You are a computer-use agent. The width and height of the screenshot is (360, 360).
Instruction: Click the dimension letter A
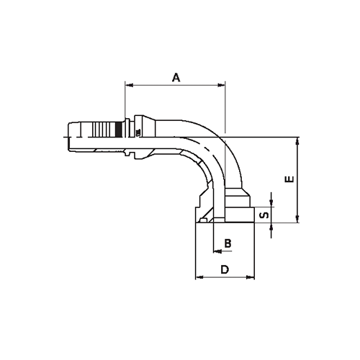point(175,77)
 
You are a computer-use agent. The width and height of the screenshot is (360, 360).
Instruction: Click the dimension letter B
point(228,243)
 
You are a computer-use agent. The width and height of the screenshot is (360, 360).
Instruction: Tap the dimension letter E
point(288,179)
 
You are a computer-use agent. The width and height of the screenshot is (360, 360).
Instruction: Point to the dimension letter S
point(264,214)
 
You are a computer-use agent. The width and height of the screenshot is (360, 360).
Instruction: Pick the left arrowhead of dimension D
point(199,277)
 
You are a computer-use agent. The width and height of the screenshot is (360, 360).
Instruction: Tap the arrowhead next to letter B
point(216,251)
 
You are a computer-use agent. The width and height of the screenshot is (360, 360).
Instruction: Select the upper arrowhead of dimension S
point(271,203)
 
